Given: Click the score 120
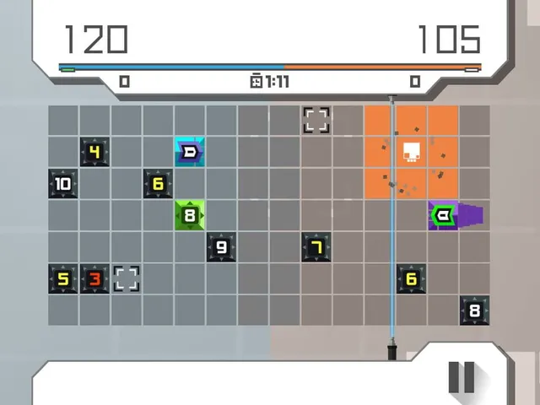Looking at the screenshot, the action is tap(96, 40).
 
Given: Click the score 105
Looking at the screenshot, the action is tap(449, 40).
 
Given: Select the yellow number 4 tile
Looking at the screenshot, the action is tap(94, 152).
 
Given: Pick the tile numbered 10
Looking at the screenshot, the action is tap(63, 184).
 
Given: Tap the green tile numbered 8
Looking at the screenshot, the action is tap(190, 215).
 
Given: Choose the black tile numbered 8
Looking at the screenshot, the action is tap(474, 310).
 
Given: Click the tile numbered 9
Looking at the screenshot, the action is tap(221, 247).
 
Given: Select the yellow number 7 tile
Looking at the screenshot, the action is tap(316, 247).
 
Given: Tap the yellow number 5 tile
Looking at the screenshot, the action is tap(63, 278).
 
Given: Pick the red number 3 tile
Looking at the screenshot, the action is tap(94, 278).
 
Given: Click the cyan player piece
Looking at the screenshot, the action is tap(190, 152).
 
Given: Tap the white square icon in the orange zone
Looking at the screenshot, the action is tap(412, 152).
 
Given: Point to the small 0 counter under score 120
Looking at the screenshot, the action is tap(124, 82).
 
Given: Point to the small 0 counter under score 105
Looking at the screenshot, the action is tap(415, 82).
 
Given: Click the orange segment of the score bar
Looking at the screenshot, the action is tap(382, 67).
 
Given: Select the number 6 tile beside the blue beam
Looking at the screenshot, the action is tap(411, 278).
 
